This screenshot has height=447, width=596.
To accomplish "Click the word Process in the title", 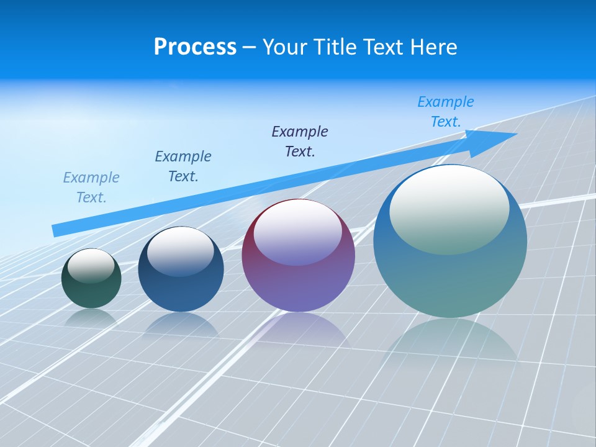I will coord(195,47).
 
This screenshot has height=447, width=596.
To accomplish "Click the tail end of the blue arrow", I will coord(55,231).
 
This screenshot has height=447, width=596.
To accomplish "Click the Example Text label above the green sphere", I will coord(91,187).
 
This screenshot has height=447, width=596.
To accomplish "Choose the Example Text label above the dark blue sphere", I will coord(183,166).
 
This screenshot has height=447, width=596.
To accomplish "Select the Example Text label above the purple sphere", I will coord(300,142).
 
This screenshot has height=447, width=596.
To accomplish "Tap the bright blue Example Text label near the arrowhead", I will coord(446,112).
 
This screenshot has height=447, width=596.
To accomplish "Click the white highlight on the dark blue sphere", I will coord(181,248).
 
